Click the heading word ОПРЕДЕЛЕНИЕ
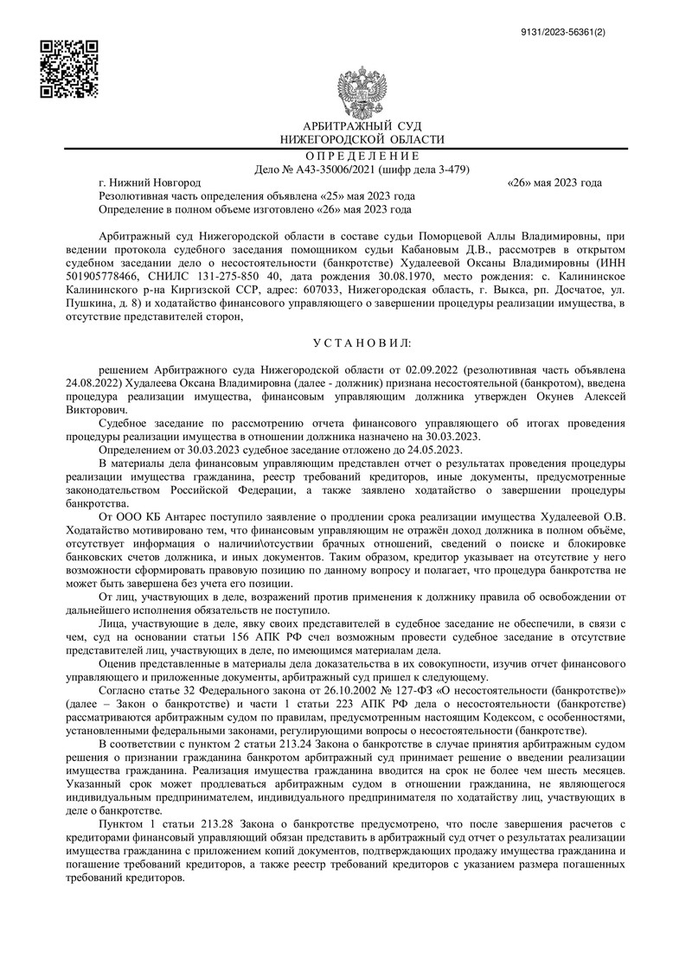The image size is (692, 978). [362, 156]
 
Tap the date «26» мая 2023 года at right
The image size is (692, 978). [554, 183]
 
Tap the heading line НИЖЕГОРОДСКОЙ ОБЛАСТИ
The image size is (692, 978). [362, 139]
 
